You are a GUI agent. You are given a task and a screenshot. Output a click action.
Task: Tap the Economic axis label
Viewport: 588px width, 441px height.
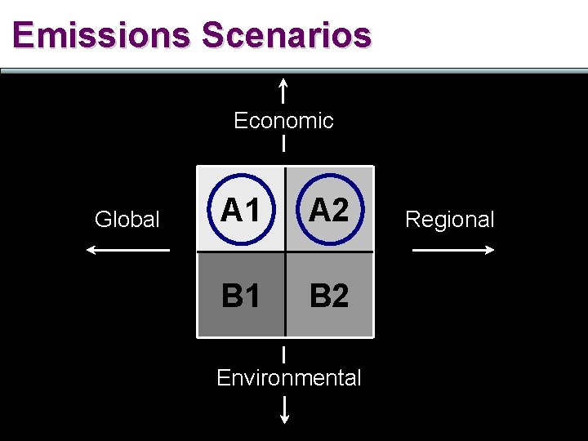point(283,121)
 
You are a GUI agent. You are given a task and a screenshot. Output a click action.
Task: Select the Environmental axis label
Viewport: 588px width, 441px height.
point(288,378)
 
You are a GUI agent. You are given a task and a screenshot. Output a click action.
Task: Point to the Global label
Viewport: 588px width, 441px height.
point(127,220)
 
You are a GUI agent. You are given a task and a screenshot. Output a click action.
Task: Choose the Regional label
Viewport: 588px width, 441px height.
point(450,220)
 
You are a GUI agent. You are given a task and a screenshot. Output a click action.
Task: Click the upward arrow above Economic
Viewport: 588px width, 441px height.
point(283,90)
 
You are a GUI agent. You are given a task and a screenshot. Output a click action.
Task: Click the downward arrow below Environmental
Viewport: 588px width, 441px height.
point(285,409)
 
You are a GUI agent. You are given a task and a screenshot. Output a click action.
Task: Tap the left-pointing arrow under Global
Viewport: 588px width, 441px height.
point(127,250)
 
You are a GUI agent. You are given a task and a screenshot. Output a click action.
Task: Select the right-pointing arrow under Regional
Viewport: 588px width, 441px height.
point(454,250)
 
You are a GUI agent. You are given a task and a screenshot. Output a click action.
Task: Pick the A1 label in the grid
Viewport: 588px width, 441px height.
point(240,212)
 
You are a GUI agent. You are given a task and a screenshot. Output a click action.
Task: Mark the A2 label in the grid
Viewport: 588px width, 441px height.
point(328,212)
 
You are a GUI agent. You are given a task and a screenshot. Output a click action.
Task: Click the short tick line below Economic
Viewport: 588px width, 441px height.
point(283,145)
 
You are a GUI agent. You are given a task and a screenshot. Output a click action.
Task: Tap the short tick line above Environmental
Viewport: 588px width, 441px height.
point(284,354)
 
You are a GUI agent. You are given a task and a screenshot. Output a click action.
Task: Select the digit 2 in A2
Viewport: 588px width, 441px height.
point(339,212)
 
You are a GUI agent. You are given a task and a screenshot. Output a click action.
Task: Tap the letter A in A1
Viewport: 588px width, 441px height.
point(232,212)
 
